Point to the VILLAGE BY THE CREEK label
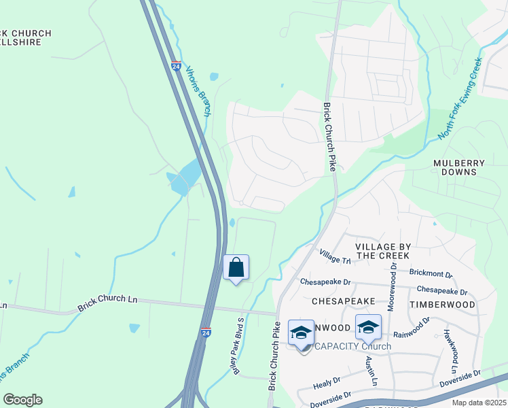coord(382,250)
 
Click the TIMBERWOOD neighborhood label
coord(442,305)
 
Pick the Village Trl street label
coord(335,257)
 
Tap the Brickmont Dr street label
coord(431,273)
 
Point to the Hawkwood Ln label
coord(450,353)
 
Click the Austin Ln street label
coord(370,371)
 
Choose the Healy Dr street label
coord(327,384)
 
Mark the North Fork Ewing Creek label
coord(460,99)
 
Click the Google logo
coord(22,400)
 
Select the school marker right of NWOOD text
coord(368,328)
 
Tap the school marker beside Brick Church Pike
coord(301,333)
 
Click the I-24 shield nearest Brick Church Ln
coord(206,333)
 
